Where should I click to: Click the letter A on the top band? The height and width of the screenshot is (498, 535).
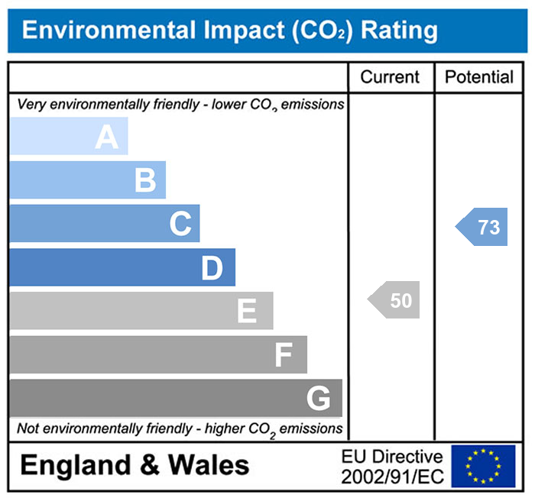(x=107, y=137)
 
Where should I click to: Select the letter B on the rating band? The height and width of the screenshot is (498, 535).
(x=145, y=181)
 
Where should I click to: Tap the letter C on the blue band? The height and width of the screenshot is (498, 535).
(x=180, y=225)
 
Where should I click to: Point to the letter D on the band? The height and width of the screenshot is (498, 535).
(x=212, y=268)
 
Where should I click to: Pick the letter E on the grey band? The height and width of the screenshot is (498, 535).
(x=246, y=312)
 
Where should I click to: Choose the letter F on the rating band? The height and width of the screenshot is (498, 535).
(x=284, y=355)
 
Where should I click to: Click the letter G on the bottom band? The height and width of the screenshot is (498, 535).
(x=318, y=399)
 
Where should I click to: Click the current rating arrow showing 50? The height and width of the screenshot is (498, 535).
(x=395, y=300)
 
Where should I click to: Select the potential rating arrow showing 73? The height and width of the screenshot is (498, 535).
(x=483, y=227)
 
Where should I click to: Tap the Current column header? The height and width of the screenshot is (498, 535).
(x=390, y=77)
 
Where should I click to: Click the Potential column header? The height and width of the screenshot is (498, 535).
(x=479, y=77)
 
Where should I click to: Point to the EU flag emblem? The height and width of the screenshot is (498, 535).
(x=483, y=466)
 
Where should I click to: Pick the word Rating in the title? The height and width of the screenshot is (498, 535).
(x=399, y=31)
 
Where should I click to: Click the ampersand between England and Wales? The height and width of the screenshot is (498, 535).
(x=146, y=465)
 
